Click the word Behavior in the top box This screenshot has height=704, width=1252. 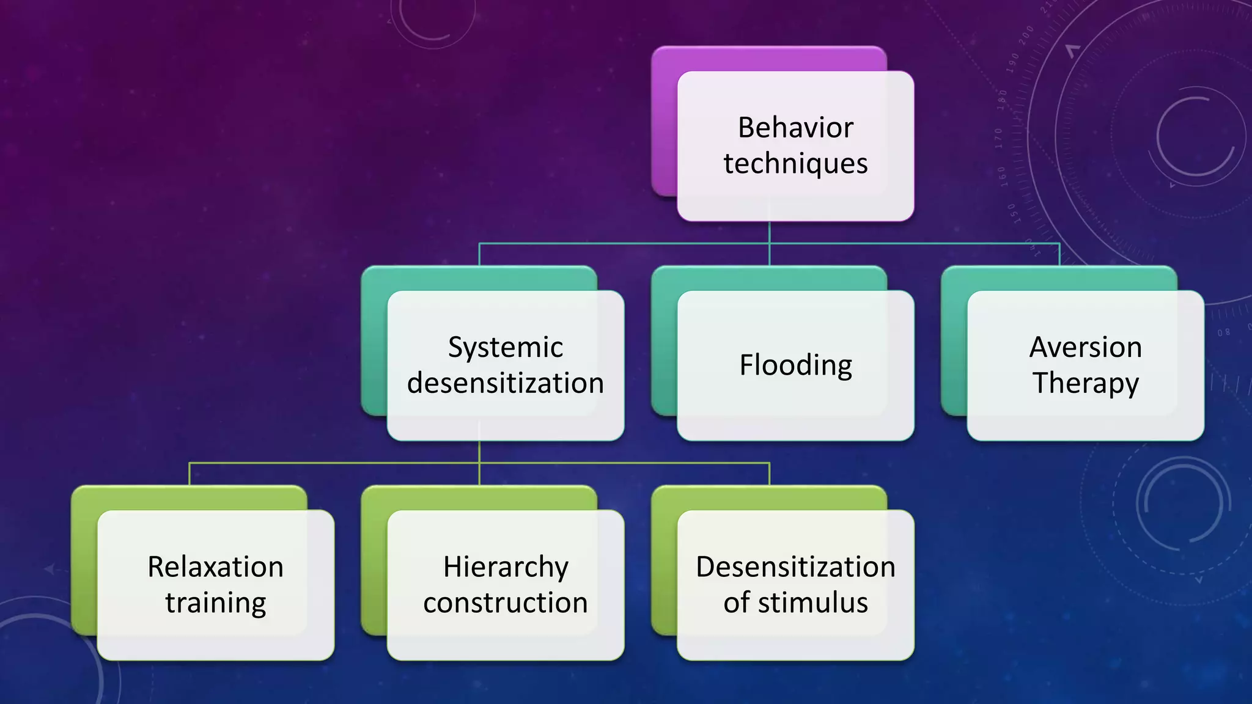[795, 128]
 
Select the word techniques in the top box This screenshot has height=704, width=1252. [795, 164]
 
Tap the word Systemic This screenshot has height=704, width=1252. [506, 348]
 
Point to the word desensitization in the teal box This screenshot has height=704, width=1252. [506, 383]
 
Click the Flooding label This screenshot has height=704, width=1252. [795, 365]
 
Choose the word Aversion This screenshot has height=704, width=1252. [1085, 347]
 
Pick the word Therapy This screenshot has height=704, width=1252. [1085, 383]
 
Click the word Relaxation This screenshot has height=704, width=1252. [215, 567]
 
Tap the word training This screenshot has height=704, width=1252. [215, 603]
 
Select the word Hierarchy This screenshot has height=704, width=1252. [506, 567]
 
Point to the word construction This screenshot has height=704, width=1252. [506, 603]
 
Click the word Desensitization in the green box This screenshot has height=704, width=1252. [795, 567]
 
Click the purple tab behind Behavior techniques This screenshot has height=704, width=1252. [664, 122]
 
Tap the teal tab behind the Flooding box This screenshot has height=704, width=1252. [664, 342]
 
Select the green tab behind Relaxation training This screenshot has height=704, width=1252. [84, 562]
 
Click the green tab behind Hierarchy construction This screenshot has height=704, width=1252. [374, 562]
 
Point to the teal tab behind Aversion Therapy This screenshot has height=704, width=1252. [954, 342]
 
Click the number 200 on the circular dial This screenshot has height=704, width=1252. [1026, 35]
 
